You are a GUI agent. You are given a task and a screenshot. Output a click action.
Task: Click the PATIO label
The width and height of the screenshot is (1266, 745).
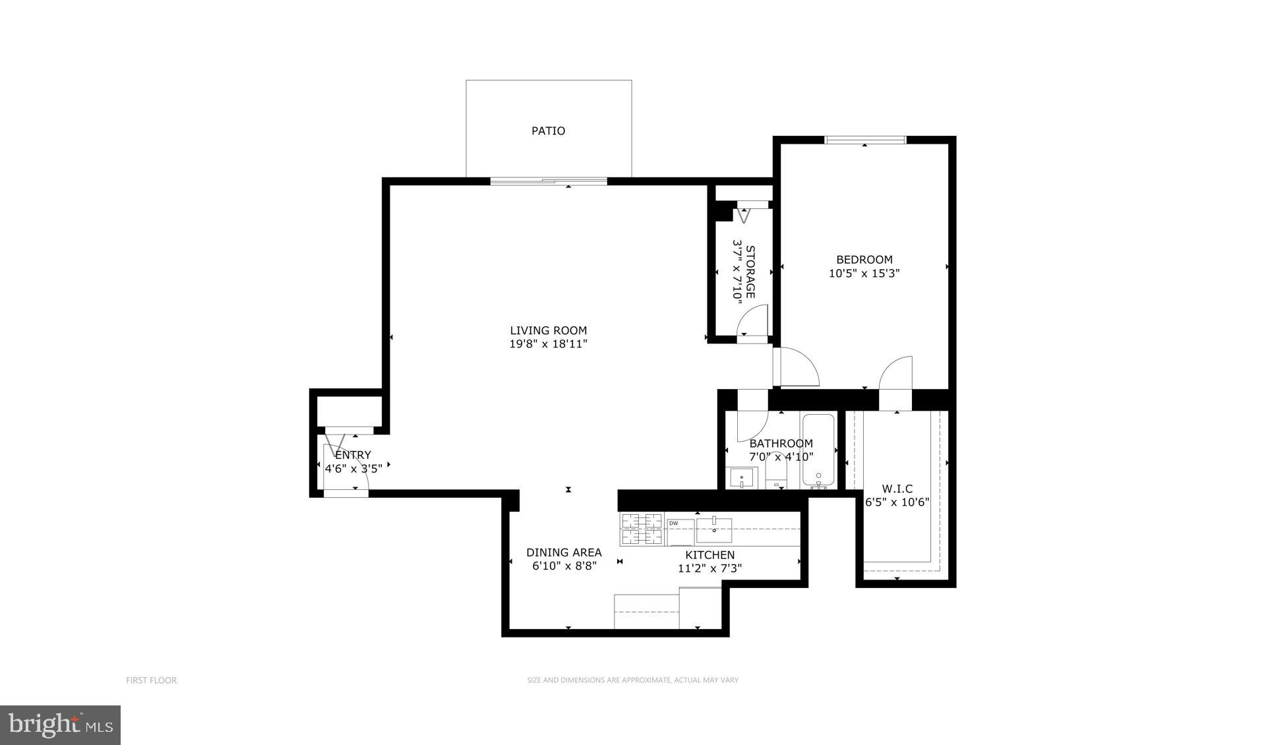[548, 131]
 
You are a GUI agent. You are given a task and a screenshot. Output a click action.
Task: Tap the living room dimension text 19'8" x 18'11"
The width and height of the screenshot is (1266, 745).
[548, 344]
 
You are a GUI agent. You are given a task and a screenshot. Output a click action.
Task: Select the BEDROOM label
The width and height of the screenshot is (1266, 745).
[864, 260]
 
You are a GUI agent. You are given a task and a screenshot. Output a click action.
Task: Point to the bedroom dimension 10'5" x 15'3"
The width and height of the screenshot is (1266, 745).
[864, 273]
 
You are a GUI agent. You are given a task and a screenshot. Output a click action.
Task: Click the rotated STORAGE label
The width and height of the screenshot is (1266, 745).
[750, 272]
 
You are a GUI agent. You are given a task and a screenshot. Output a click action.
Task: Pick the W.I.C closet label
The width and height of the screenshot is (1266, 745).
[897, 489]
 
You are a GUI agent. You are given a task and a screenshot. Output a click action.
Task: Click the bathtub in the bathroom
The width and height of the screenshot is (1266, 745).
[818, 452]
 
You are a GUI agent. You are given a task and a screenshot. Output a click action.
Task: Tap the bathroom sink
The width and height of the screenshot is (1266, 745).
[742, 477]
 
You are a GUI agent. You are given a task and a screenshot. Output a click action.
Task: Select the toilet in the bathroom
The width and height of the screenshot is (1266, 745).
[777, 473]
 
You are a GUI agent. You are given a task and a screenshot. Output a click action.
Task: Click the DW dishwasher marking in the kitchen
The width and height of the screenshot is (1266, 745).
[674, 523]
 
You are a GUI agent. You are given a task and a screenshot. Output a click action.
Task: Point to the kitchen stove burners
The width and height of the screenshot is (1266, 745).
[642, 529]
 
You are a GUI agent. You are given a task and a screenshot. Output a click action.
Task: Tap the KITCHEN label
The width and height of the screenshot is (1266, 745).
[709, 555]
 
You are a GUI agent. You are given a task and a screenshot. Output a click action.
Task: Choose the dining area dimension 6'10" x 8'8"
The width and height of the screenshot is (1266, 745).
[564, 566]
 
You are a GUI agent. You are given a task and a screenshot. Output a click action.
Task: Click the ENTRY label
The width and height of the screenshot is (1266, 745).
[353, 455]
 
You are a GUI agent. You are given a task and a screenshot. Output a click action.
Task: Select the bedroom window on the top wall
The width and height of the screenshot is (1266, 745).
[865, 139]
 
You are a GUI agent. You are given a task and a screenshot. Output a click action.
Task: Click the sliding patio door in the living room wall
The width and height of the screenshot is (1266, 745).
[549, 181]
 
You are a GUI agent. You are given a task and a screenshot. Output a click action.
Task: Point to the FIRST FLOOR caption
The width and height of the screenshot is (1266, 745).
[151, 680]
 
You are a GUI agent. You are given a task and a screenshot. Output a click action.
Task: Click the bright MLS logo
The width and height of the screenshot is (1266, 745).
[60, 725]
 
